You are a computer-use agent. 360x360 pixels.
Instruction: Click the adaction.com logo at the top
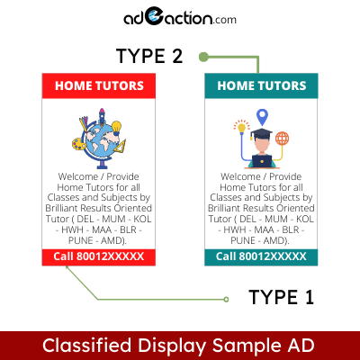pyautogui.click(x=180, y=19)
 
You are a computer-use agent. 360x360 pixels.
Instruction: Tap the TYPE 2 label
pyautogui.click(x=149, y=56)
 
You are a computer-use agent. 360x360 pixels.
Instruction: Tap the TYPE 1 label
pyautogui.click(x=281, y=297)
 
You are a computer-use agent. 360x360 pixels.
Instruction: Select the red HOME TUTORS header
pyautogui.click(x=99, y=85)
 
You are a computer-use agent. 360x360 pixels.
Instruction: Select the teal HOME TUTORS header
pyautogui.click(x=261, y=85)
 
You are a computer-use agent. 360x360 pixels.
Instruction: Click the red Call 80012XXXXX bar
pyautogui.click(x=99, y=257)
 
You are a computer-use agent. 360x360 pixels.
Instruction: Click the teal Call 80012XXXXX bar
pyautogui.click(x=261, y=257)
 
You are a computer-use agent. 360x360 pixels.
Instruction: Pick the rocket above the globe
pyautogui.click(x=102, y=116)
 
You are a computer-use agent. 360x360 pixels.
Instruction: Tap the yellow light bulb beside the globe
pyautogui.click(x=116, y=127)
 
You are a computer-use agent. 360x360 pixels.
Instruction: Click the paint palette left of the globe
pyautogui.click(x=79, y=144)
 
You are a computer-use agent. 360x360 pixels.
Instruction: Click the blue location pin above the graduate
pyautogui.click(x=262, y=117)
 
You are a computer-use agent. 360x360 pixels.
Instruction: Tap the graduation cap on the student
pyautogui.click(x=261, y=133)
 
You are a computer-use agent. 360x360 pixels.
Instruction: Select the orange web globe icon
pyautogui.click(x=282, y=139)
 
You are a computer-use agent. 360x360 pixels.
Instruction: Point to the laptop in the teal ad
pyautogui.click(x=262, y=161)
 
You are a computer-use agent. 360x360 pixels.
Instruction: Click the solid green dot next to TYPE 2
pyautogui.click(x=203, y=57)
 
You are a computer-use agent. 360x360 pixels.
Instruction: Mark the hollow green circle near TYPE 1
pyautogui.click(x=226, y=299)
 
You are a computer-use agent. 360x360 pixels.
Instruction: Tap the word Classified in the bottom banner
pyautogui.click(x=87, y=346)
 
